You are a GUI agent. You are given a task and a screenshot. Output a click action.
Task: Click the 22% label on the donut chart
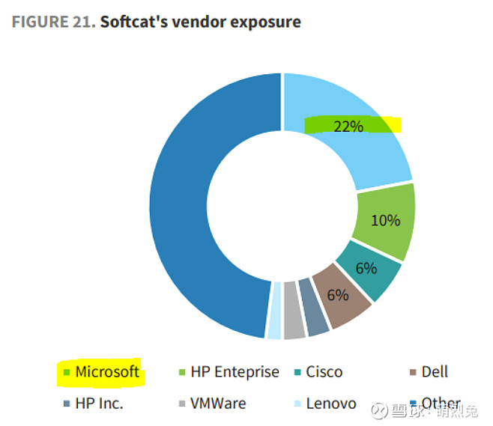pos(348,126)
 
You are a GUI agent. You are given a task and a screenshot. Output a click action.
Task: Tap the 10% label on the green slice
pos(386,220)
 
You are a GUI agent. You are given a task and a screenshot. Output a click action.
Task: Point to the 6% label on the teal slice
pos(366,268)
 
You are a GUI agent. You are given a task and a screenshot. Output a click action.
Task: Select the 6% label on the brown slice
pos(338,295)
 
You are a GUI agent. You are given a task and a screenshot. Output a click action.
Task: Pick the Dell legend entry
pos(434,371)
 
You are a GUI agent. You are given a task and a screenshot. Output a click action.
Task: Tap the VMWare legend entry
pos(217,403)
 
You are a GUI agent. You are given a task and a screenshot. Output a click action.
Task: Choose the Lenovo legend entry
pos(330,403)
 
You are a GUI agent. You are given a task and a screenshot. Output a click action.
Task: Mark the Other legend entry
pos(440,403)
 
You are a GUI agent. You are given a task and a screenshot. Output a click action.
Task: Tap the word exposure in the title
pos(265,22)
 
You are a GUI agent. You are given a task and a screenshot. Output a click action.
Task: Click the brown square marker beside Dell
pos(413,372)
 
